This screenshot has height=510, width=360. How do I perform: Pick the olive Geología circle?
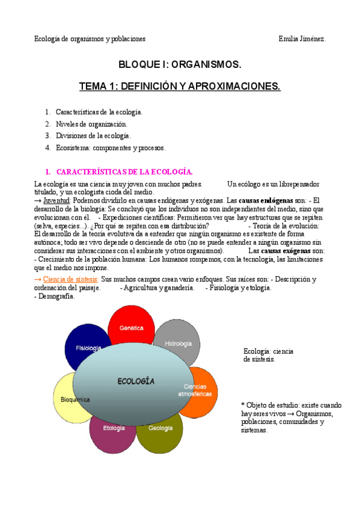pyautogui.click(x=160, y=431)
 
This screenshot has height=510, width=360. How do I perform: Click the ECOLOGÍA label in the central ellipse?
pyautogui.click(x=136, y=381)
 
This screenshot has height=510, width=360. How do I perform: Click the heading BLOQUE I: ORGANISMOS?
pyautogui.click(x=180, y=64)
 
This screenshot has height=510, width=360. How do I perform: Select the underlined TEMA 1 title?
pyautogui.click(x=180, y=87)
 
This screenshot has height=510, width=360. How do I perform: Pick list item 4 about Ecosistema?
pyautogui.click(x=110, y=147)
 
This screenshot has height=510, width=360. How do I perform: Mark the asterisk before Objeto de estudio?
pyautogui.click(x=242, y=405)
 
